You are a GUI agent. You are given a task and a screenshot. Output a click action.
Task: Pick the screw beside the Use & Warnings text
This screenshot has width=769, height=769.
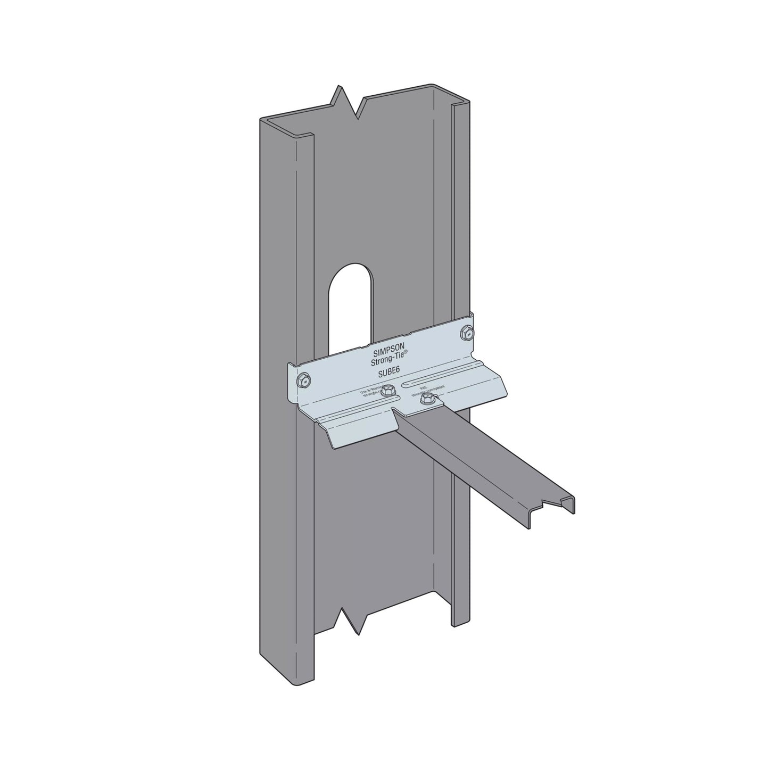[388, 389]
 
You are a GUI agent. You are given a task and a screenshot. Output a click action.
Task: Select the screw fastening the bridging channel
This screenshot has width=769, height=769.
[426, 399]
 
